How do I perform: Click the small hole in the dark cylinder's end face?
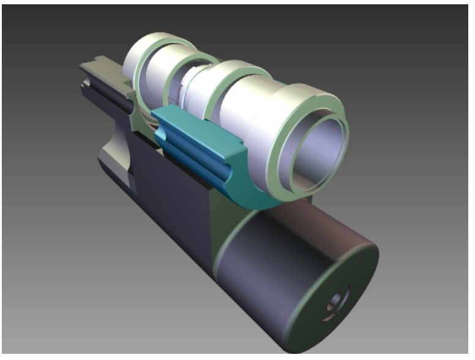point(337,302)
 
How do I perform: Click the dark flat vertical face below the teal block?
point(171,184)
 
